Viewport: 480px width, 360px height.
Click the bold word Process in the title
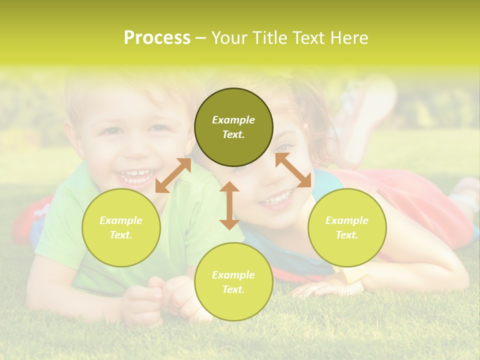point(157,38)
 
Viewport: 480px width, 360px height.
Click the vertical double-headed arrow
point(229,205)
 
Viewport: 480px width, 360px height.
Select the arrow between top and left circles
point(173,175)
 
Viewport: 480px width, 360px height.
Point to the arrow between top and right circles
point(293,170)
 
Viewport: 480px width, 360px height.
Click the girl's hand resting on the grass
point(320,288)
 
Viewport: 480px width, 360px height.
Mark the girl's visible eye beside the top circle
point(283,147)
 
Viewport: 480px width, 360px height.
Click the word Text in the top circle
point(233,135)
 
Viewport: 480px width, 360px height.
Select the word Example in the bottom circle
point(233,275)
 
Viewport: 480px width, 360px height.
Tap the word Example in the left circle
point(121,220)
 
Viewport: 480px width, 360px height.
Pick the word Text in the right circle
point(346,235)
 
